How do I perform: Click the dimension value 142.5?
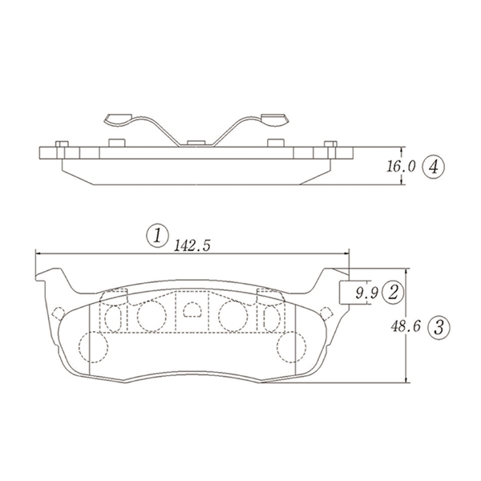click(192, 246)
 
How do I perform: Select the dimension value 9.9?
click(366, 293)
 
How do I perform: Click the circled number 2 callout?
click(393, 293)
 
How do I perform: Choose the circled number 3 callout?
click(439, 327)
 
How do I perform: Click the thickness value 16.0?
click(401, 167)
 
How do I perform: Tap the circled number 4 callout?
click(433, 168)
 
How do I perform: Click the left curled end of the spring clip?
click(118, 120)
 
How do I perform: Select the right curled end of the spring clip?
click(275, 120)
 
